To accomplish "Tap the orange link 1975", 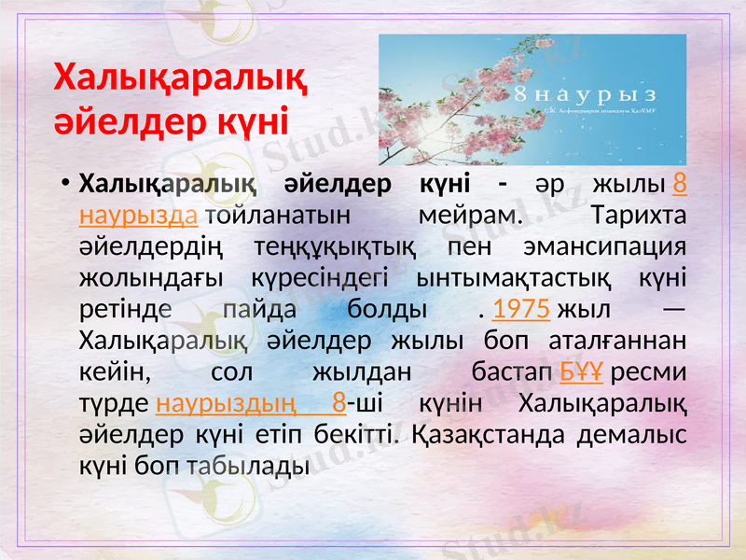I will click(x=519, y=309).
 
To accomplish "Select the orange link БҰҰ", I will click(x=581, y=372).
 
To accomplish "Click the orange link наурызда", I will click(x=139, y=216).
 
